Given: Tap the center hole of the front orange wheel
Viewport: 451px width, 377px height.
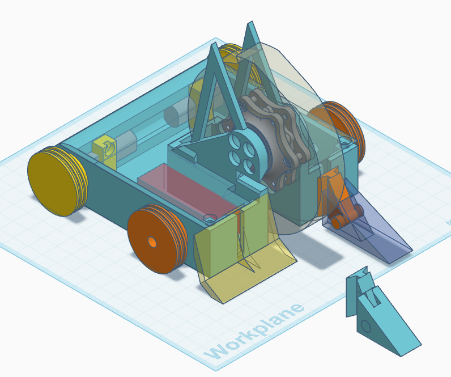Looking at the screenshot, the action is (152, 242).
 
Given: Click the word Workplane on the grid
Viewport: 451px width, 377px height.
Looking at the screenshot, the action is (254, 331).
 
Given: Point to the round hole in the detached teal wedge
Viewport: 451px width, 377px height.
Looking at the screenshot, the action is (365, 326).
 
